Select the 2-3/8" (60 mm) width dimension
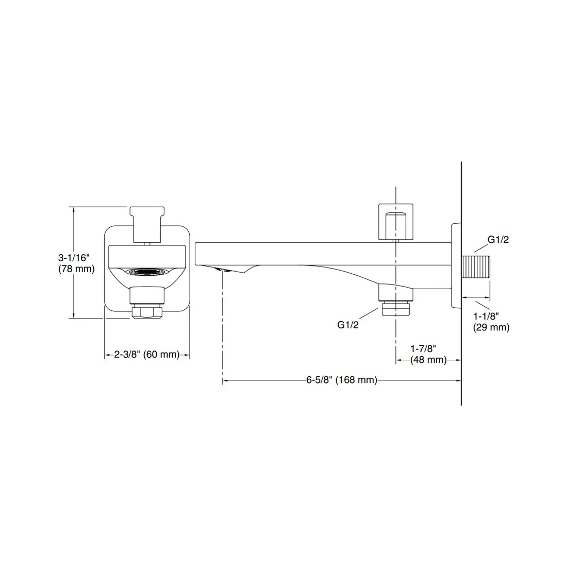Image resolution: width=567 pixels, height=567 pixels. (147, 355)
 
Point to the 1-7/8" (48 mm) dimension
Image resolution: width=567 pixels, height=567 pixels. (428, 355)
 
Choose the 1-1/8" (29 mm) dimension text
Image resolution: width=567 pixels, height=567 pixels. (491, 322)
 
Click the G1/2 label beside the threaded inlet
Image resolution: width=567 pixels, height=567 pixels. (498, 239)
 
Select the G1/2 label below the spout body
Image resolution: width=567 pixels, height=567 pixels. (348, 325)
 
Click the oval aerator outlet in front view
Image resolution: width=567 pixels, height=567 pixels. (147, 272)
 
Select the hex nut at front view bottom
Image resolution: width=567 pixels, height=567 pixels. (147, 312)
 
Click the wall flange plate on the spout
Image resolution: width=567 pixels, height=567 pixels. (456, 265)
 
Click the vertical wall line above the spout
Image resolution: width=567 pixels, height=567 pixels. (461, 191)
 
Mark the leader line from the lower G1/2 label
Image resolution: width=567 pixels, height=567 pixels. (370, 314)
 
